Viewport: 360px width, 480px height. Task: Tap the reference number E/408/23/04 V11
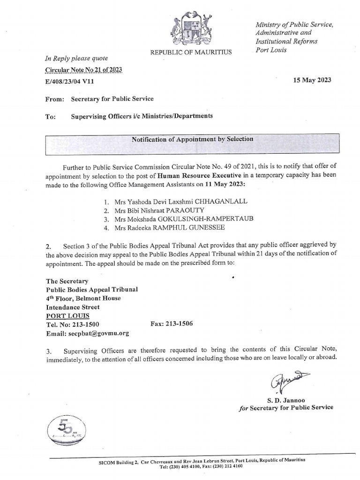coord(72,81)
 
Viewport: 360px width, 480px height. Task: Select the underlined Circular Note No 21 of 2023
coord(83,70)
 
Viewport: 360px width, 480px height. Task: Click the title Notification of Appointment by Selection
coord(192,139)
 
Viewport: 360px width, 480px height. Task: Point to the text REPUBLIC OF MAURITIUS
coord(191,52)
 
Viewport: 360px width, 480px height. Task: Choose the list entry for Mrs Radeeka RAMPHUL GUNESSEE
coord(169,228)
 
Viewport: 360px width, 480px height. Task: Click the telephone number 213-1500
coord(82,324)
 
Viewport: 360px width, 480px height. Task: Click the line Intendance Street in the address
coord(73,307)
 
